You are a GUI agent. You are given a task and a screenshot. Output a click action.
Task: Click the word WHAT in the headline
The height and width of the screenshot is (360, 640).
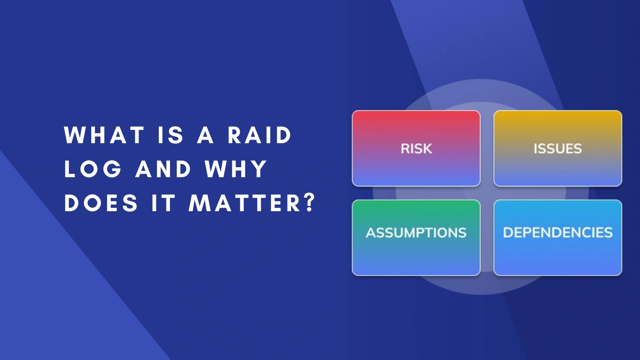point(104,135)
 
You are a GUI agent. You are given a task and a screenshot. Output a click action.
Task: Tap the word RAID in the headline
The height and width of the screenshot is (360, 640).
point(260,135)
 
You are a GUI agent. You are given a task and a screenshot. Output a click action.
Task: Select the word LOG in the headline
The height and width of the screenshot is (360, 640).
point(93,169)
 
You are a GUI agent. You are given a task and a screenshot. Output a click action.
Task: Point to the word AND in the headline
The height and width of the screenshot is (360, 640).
point(164,169)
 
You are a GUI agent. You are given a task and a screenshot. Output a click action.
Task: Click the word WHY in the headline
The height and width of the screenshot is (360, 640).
point(236,169)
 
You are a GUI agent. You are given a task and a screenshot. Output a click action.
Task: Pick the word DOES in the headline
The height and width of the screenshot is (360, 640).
point(101,203)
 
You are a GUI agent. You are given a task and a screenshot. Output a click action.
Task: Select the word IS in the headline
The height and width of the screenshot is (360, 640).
point(170,135)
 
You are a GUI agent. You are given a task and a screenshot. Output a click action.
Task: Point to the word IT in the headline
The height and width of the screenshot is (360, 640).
point(163,203)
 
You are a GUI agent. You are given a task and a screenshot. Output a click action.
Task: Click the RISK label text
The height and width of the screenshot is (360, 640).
point(416,149)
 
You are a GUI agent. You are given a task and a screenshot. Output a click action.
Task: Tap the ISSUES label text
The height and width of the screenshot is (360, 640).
point(558,149)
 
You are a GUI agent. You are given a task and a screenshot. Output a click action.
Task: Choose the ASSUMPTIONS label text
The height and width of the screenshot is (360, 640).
point(416,233)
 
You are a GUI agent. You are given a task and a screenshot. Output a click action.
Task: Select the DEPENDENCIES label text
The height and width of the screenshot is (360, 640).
point(558,233)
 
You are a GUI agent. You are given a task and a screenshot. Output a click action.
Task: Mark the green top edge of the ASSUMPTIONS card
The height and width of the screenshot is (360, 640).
point(416,204)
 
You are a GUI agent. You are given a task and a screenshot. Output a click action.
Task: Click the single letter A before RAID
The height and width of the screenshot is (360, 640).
point(206,135)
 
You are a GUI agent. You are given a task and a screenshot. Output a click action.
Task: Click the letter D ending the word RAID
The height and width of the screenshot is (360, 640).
point(285,135)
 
